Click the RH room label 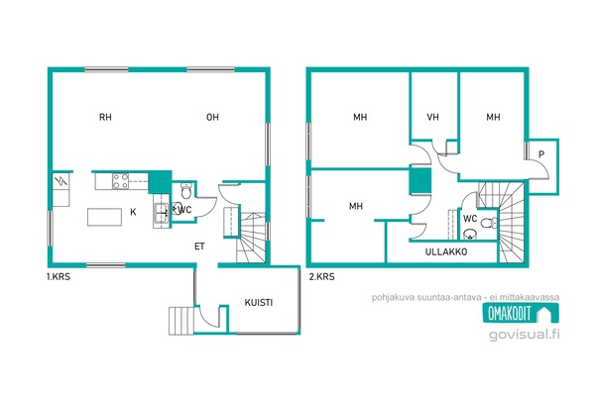(x=105, y=117)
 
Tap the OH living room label (x=212, y=117)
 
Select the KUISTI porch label (x=259, y=302)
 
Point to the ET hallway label (x=199, y=247)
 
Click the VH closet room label (x=433, y=117)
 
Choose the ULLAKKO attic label (x=446, y=252)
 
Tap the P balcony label (x=541, y=154)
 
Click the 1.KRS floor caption (x=59, y=277)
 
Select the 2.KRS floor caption (x=321, y=277)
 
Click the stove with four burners (x=120, y=181)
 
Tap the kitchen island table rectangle (x=104, y=217)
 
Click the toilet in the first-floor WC (x=186, y=190)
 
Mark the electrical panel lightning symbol (x=60, y=181)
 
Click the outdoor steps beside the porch (x=181, y=321)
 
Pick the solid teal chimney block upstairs (x=420, y=181)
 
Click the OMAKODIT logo (x=521, y=313)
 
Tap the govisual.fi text (x=525, y=335)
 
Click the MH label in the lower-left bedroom (x=356, y=206)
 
